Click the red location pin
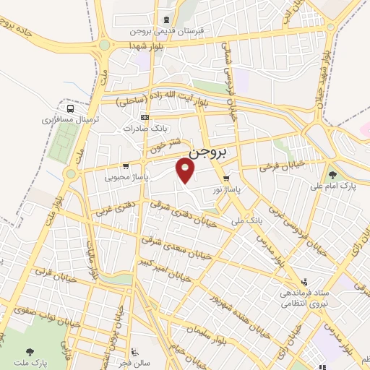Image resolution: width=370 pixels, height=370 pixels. (x=186, y=171)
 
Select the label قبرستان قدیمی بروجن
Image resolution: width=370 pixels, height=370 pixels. (x=167, y=32)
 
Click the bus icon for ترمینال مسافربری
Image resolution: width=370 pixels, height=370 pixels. (x=69, y=106)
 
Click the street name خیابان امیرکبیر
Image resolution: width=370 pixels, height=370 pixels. (x=166, y=271)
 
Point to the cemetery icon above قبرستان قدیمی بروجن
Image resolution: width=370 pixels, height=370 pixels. (x=167, y=20)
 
